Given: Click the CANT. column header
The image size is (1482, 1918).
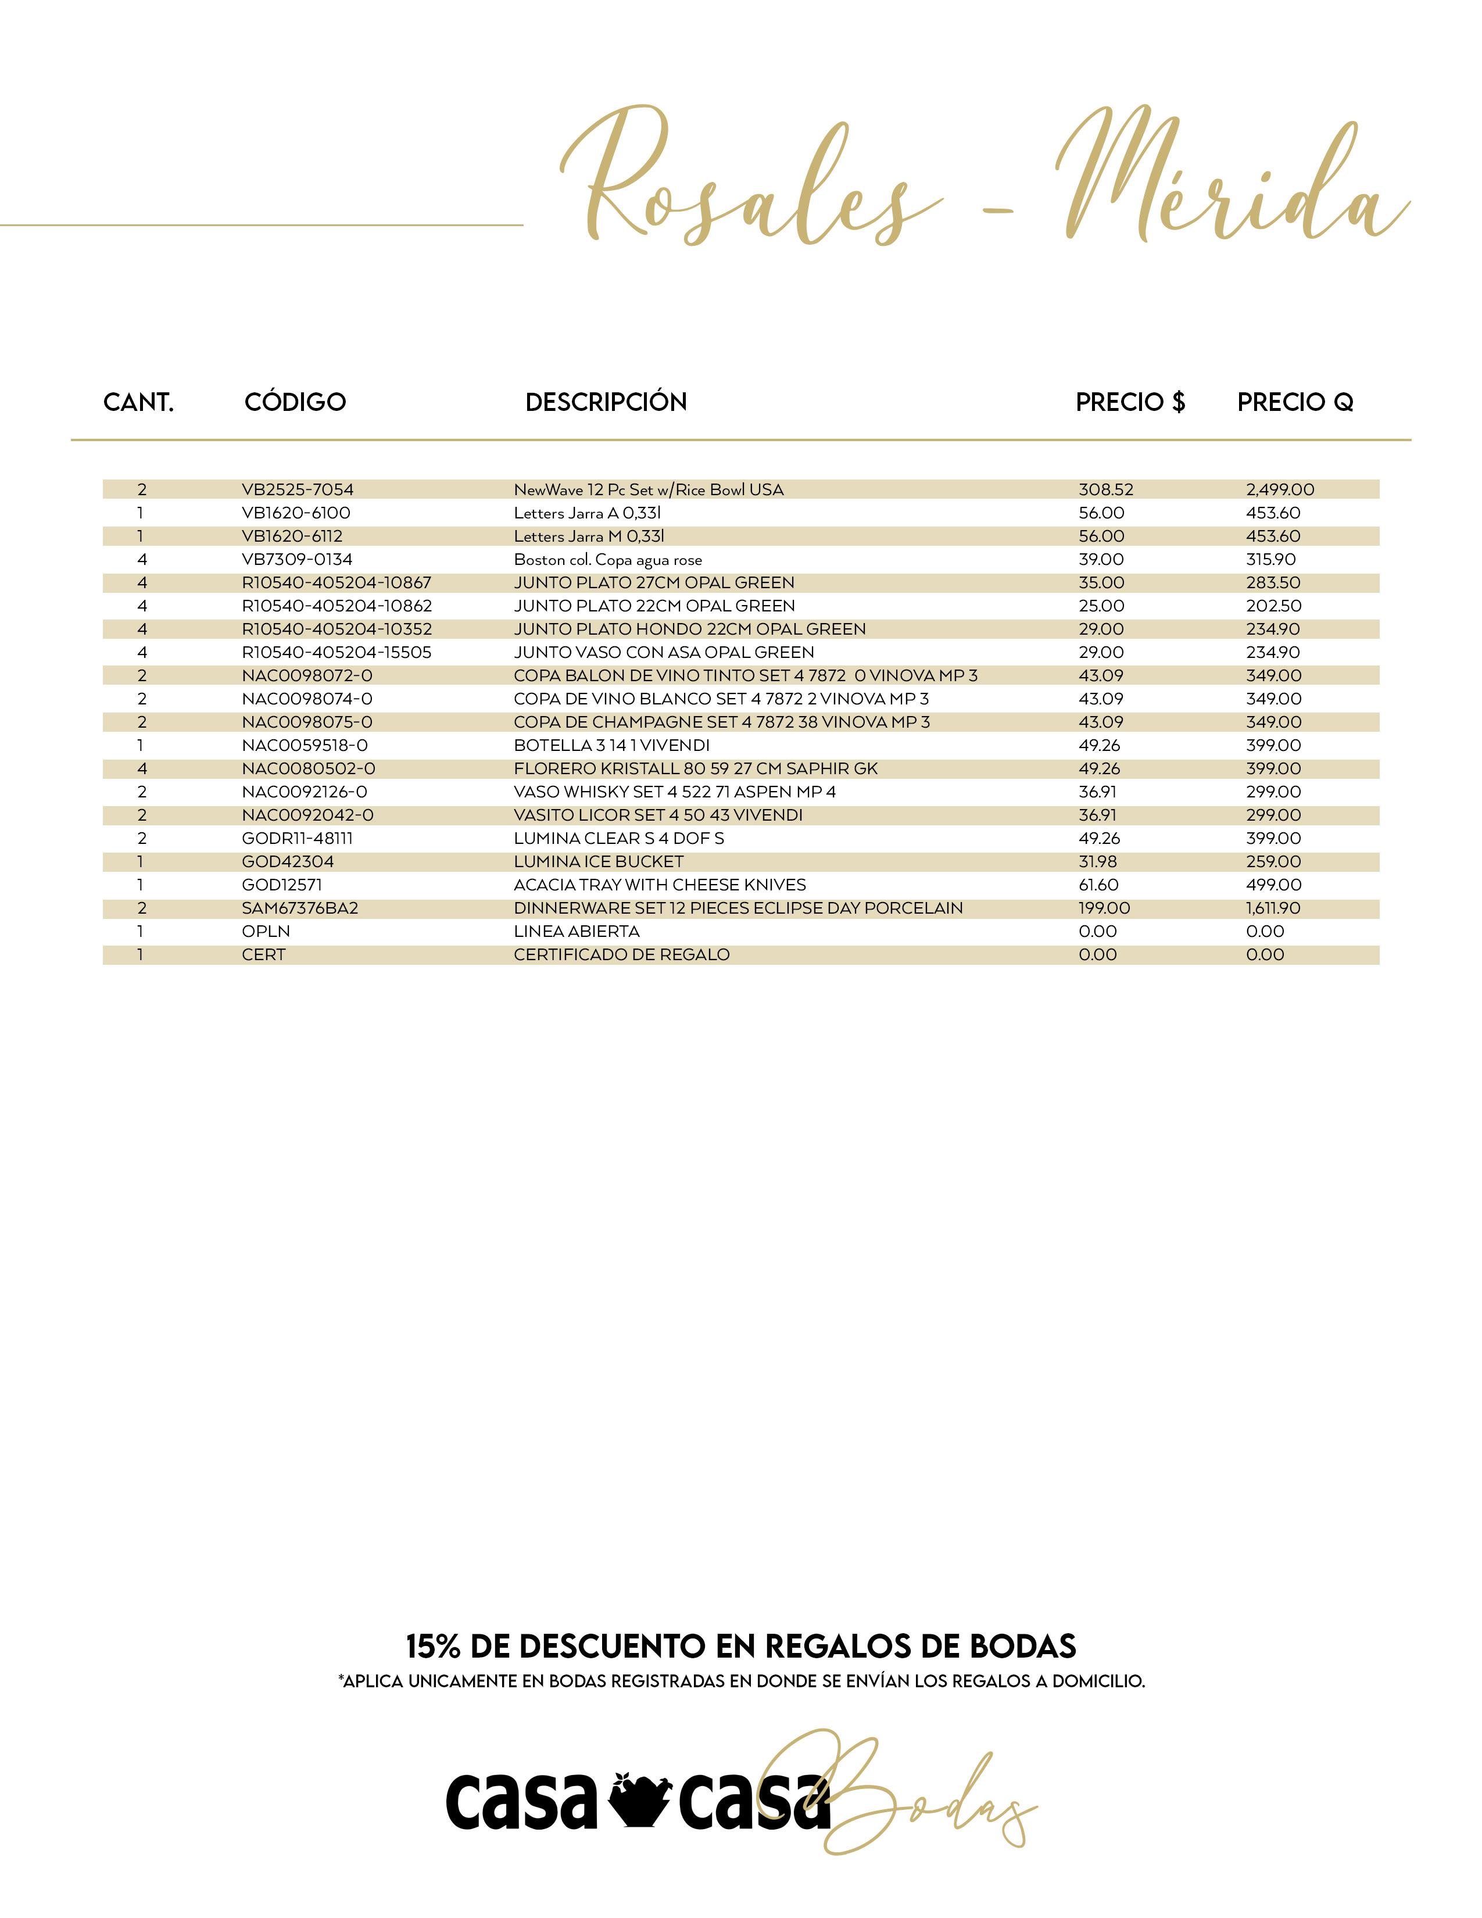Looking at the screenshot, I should pyautogui.click(x=139, y=402).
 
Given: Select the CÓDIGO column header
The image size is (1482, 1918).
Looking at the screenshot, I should pyautogui.click(x=295, y=402).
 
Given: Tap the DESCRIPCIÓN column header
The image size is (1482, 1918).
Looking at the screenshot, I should pyautogui.click(x=606, y=402).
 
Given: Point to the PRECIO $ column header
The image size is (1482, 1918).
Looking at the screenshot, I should pyautogui.click(x=1130, y=402).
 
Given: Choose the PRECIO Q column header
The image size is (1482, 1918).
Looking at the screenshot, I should pyautogui.click(x=1295, y=402).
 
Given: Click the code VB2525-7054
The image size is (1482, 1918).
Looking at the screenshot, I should pyautogui.click(x=298, y=490).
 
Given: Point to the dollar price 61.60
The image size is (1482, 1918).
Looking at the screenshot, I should pyautogui.click(x=1098, y=885).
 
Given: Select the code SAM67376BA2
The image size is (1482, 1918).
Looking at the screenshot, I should pyautogui.click(x=300, y=908).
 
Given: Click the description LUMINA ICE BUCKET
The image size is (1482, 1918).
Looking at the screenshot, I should pyautogui.click(x=598, y=861).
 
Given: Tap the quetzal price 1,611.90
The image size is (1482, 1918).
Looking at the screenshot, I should pyautogui.click(x=1273, y=908).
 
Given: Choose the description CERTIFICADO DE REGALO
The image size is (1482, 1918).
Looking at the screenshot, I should pyautogui.click(x=622, y=954).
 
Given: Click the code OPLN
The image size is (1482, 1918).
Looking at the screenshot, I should pyautogui.click(x=266, y=932).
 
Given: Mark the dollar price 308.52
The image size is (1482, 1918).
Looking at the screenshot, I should pyautogui.click(x=1106, y=490).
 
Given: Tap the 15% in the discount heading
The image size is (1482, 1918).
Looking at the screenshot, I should pyautogui.click(x=433, y=1646).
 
